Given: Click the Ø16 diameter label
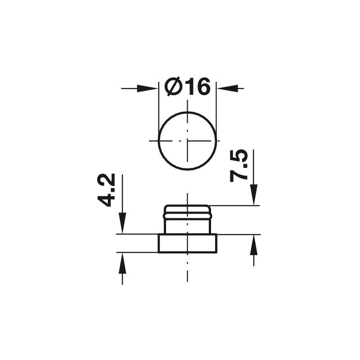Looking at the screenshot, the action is [x=187, y=86].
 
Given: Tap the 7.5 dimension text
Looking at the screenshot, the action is [x=239, y=166].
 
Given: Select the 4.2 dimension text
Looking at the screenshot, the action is [x=106, y=190].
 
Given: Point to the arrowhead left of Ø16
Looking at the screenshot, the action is [x=148, y=88].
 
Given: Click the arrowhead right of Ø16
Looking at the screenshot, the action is [x=227, y=88].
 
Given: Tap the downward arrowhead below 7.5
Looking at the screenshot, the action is [x=254, y=195].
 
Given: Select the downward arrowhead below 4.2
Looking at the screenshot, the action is [x=122, y=223].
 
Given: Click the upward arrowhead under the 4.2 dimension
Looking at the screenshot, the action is [x=122, y=263].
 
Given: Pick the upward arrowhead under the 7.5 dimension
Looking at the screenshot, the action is [x=254, y=245].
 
